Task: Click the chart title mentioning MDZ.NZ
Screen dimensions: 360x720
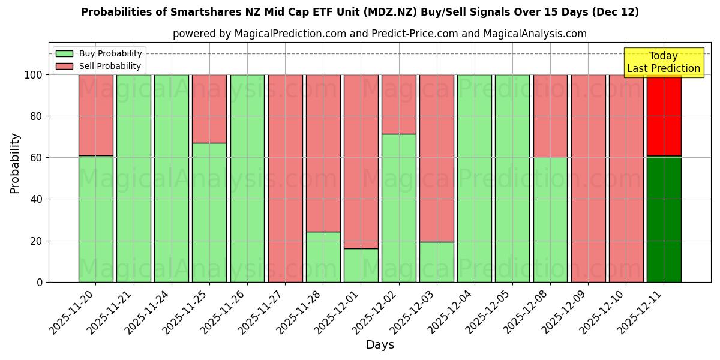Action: (360, 12)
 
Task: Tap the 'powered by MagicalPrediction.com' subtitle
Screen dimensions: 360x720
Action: (379, 34)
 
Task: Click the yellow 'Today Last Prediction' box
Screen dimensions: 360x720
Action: (663, 62)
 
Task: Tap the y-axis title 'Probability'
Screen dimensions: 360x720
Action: (15, 163)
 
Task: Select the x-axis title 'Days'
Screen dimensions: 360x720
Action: (380, 344)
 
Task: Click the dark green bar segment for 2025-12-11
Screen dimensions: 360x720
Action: (664, 219)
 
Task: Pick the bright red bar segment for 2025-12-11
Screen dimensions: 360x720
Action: (664, 115)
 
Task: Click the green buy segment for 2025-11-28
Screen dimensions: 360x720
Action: (323, 257)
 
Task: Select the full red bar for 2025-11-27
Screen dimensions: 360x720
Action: (285, 178)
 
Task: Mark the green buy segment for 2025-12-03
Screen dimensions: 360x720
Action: (436, 262)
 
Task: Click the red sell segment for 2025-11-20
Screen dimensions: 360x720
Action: (96, 115)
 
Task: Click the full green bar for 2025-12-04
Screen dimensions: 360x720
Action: (474, 178)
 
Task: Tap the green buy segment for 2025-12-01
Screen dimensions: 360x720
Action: (361, 265)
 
